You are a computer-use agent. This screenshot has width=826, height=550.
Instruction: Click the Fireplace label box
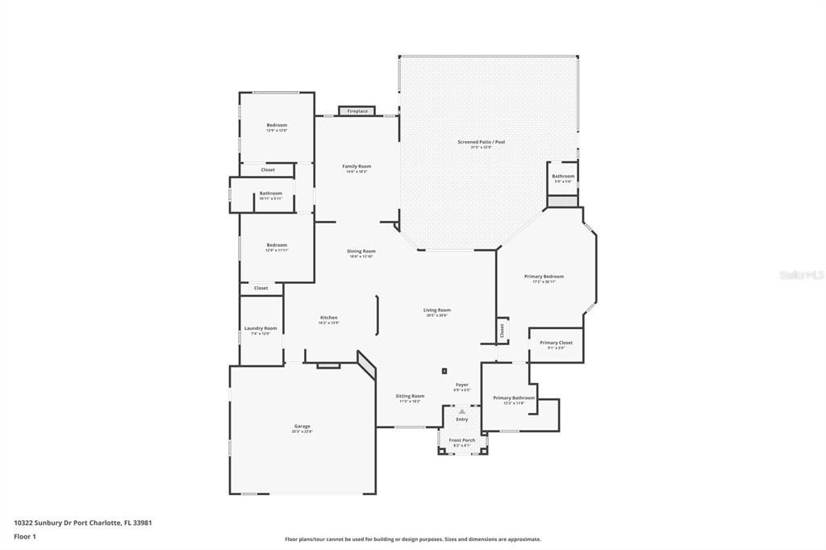coord(357,111)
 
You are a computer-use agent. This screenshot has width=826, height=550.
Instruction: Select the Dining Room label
coord(361,251)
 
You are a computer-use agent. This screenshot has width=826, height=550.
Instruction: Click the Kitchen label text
coord(329,318)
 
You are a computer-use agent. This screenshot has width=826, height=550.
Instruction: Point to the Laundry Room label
coord(261,328)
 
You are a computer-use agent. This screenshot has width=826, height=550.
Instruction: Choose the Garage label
coord(302,427)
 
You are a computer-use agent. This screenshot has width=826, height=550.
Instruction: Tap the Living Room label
coord(437,310)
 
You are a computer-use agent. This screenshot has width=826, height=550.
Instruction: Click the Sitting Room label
coord(410,396)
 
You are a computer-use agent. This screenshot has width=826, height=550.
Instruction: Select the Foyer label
coord(461,385)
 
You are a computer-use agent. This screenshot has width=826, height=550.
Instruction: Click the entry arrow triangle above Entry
coord(462,411)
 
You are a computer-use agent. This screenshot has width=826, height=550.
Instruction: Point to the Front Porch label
coord(462,440)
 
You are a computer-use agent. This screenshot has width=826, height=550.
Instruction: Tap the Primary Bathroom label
coord(514,398)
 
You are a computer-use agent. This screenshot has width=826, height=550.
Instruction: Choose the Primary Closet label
coord(556,343)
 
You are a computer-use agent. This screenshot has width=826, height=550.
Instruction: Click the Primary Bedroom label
coord(548,277)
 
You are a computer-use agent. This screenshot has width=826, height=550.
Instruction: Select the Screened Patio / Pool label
coord(481,142)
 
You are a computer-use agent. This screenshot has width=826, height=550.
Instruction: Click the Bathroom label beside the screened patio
coord(563,176)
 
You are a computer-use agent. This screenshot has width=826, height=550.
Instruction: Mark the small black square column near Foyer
coord(444,371)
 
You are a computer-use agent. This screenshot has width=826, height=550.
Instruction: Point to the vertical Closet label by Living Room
coord(502,330)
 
